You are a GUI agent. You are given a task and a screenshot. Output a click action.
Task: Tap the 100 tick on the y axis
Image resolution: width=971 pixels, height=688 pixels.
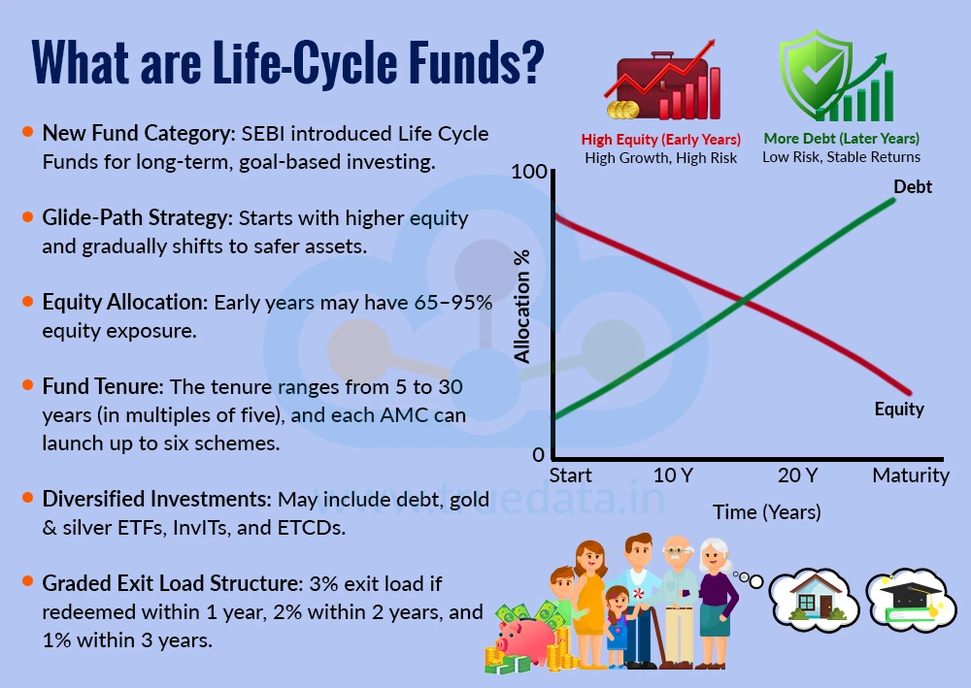(528, 173)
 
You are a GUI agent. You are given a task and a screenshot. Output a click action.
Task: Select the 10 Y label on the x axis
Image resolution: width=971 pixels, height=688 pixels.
(673, 475)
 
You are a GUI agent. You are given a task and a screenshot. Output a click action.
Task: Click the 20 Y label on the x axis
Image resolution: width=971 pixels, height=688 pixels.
(797, 475)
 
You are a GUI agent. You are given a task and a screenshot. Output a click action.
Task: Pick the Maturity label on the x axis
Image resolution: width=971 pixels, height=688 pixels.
(910, 475)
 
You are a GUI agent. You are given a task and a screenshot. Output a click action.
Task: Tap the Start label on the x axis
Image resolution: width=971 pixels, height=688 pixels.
(570, 475)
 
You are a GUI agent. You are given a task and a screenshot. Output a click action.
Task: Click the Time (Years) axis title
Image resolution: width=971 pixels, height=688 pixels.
(766, 511)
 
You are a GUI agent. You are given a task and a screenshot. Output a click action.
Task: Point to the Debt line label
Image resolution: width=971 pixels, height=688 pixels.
(912, 186)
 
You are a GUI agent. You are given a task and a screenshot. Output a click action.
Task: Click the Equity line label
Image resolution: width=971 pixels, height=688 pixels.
(898, 409)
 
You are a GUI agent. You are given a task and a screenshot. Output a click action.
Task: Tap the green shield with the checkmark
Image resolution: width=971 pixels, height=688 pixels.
(814, 75)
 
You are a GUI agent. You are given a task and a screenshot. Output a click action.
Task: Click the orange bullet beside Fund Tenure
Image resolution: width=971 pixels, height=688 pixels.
(27, 385)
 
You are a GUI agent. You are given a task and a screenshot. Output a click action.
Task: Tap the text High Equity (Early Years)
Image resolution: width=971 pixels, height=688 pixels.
(660, 139)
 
